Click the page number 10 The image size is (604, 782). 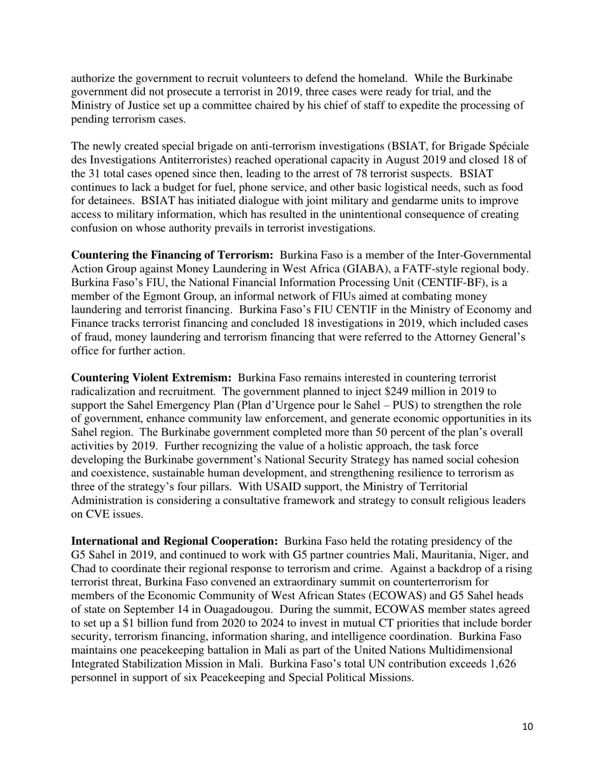[527, 727]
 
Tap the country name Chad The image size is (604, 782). [84, 569]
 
